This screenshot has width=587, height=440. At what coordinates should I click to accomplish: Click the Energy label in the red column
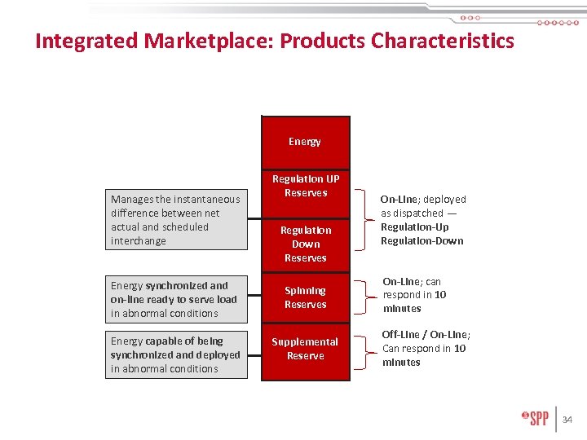[x=305, y=142]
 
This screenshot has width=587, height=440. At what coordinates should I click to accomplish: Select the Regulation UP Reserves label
[x=306, y=186]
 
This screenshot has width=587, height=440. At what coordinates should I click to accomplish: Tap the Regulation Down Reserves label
[x=306, y=244]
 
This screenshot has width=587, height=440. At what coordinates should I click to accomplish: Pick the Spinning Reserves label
[x=306, y=297]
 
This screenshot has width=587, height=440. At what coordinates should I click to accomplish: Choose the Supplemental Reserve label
[x=306, y=349]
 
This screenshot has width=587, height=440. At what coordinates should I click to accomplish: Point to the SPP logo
[x=535, y=419]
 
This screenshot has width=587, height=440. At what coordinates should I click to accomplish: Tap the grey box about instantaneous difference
[x=176, y=220]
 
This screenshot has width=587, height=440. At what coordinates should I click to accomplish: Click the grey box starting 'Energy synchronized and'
[x=176, y=299]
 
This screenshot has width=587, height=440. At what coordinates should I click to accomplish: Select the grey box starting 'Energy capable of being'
[x=176, y=354]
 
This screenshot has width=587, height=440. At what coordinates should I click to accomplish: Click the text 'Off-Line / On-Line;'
[x=426, y=335]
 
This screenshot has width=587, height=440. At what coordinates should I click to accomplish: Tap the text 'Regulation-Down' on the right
[x=421, y=240]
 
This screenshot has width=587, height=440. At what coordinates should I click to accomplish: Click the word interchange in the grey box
[x=139, y=240]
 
